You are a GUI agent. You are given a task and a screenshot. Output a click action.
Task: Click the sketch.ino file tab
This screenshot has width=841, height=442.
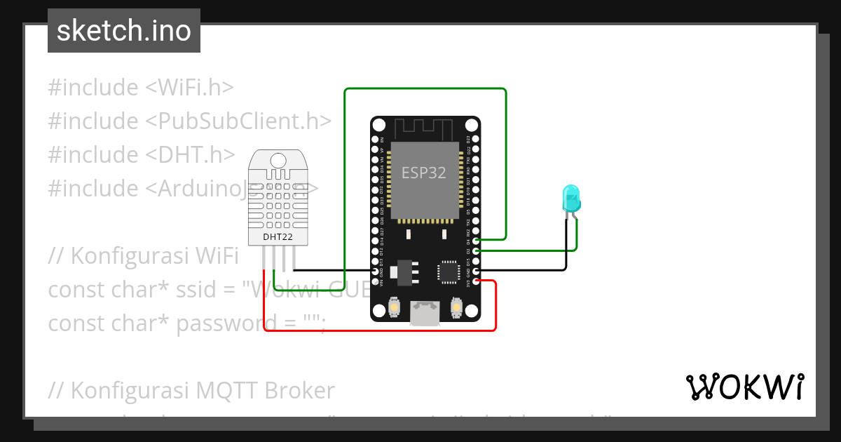pyautogui.click(x=124, y=31)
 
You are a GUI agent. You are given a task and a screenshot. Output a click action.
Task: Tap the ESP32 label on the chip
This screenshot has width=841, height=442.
pyautogui.click(x=423, y=173)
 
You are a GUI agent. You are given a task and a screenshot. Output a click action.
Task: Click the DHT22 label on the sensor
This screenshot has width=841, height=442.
pyautogui.click(x=278, y=237)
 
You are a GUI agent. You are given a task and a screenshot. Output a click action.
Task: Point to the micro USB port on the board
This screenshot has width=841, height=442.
pyautogui.click(x=425, y=313)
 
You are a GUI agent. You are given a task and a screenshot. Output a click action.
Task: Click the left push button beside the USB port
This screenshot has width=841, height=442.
pyautogui.click(x=395, y=307)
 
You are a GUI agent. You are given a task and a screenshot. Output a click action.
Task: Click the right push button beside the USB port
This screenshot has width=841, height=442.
pyautogui.click(x=456, y=307)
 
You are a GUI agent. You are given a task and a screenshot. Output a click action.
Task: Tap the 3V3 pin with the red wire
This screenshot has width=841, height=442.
pyautogui.click(x=476, y=281)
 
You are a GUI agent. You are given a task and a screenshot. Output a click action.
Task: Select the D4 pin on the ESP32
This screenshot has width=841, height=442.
pyautogui.click(x=476, y=241)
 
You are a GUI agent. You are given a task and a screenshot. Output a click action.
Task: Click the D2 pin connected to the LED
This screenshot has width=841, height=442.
pyautogui.click(x=476, y=250)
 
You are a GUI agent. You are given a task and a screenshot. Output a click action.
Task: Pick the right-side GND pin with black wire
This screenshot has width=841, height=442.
pyautogui.click(x=476, y=271)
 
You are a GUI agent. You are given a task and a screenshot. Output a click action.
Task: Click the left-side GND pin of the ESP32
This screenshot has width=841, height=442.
pyautogui.click(x=375, y=271)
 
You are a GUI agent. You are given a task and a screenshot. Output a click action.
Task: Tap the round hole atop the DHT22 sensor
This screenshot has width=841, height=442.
pyautogui.click(x=278, y=161)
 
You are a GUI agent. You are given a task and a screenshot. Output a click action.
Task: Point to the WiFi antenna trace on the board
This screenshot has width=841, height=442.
pyautogui.click(x=425, y=129)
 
